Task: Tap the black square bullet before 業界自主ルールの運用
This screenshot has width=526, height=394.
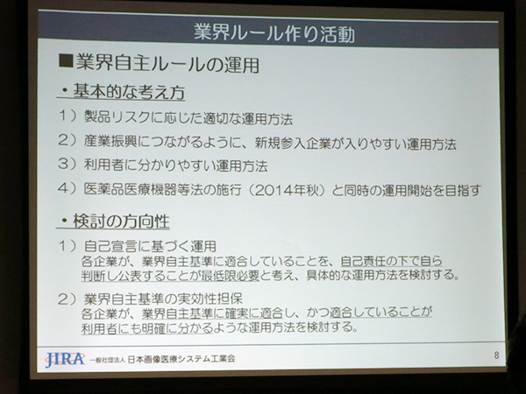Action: point(64,64)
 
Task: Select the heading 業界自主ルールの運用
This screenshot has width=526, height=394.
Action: point(167,64)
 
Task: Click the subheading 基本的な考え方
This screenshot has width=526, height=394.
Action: point(127,91)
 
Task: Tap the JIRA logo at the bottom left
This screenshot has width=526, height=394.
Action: point(64,358)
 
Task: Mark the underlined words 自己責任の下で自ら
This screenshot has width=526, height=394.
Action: point(391,260)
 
